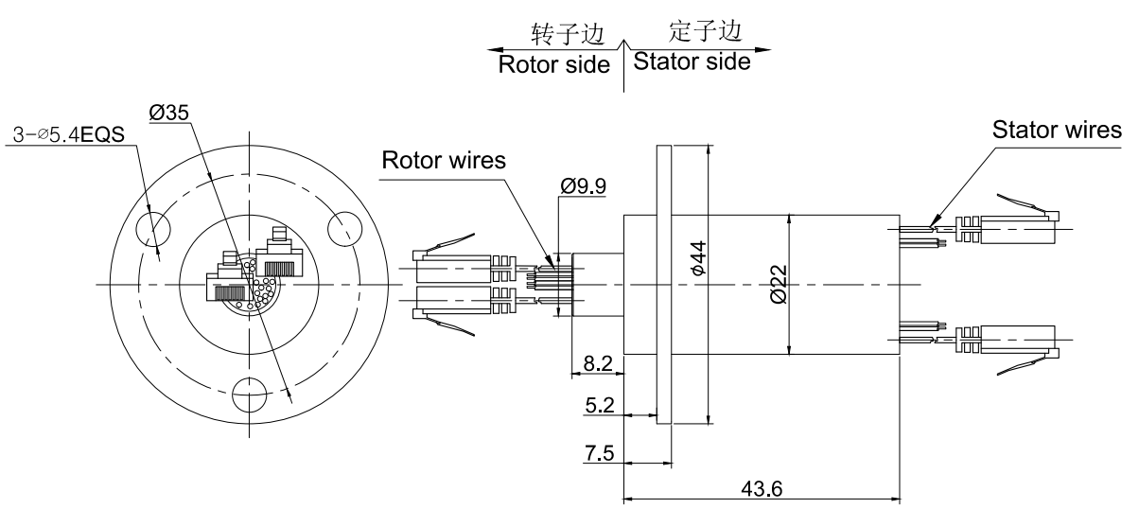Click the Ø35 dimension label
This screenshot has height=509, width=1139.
coord(170,113)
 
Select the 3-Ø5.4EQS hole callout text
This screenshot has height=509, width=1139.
coord(72,136)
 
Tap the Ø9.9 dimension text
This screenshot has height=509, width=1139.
coord(583,186)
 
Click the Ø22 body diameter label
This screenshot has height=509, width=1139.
coord(778,284)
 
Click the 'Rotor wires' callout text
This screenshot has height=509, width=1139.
coord(444,162)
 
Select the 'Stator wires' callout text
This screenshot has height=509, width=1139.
coord(1055,131)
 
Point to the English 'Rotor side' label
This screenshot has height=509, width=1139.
coord(554,65)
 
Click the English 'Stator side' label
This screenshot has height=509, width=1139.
coord(692,62)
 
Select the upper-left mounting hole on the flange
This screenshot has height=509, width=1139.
coord(153,227)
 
